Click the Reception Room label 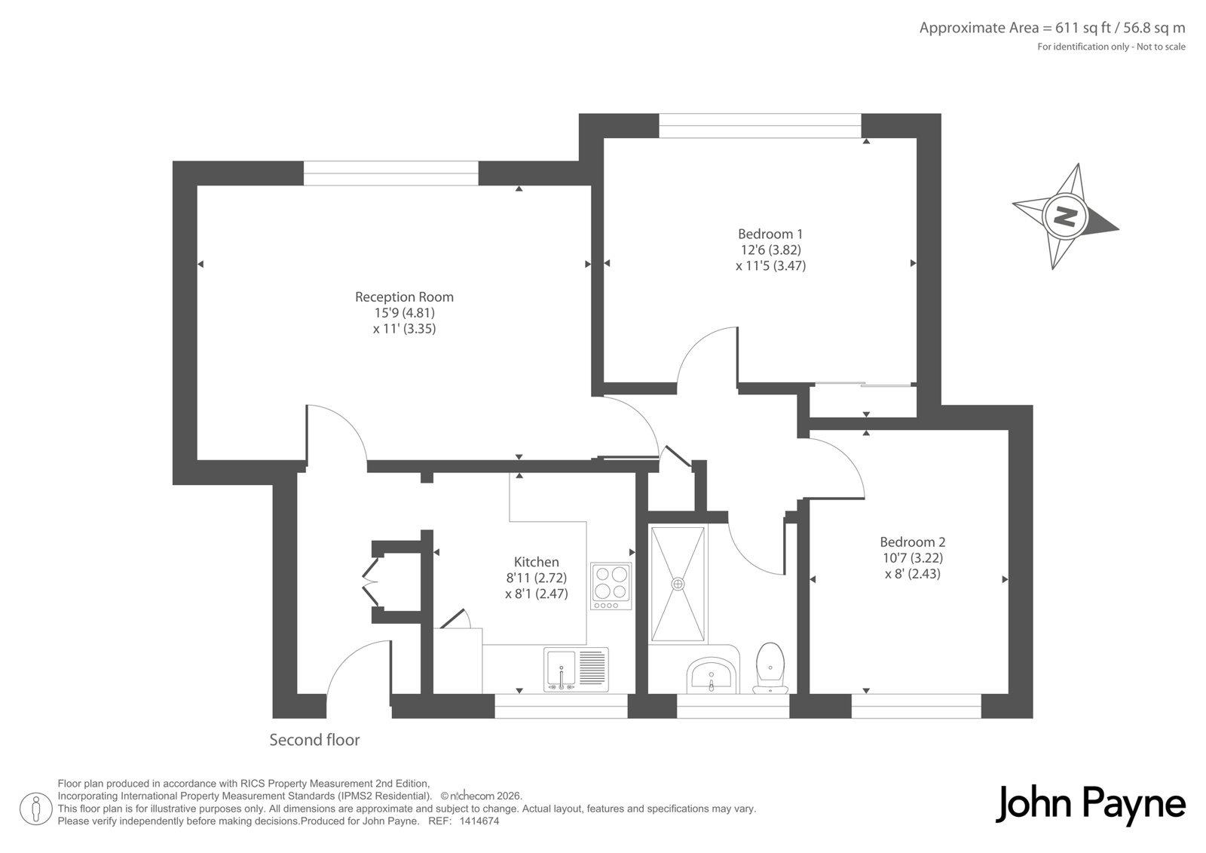click(x=404, y=297)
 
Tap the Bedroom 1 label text click(x=770, y=234)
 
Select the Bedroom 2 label click(x=913, y=542)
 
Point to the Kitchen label click(x=536, y=562)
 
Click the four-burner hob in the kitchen click(x=611, y=586)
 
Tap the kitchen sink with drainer click(x=576, y=670)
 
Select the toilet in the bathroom click(x=770, y=668)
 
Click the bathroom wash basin click(x=712, y=676)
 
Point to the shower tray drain click(x=678, y=584)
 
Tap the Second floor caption click(x=314, y=740)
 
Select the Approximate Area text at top click(x=1052, y=28)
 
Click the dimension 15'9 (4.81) click(x=404, y=313)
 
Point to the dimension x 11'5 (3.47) click(x=770, y=265)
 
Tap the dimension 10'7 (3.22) click(x=913, y=557)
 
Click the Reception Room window click(x=391, y=173)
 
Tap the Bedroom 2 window click(x=917, y=706)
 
